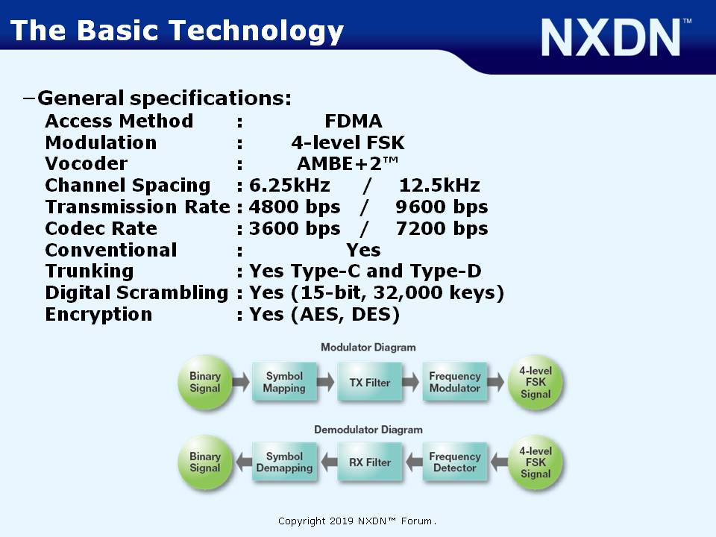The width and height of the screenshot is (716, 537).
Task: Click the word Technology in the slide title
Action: point(256,31)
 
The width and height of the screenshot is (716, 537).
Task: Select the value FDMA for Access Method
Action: point(353,121)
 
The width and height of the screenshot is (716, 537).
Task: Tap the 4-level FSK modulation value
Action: point(348,142)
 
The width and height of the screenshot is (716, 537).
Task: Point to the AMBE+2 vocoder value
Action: point(348,163)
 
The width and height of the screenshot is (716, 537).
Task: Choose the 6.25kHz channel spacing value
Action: point(289,185)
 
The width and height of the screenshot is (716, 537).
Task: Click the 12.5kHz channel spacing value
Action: point(439,185)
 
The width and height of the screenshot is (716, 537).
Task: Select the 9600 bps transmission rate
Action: point(442,207)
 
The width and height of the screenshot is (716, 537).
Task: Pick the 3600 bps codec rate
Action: point(295,228)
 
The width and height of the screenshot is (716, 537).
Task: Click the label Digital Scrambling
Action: point(136,293)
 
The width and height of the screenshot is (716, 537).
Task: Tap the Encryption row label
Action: point(98,315)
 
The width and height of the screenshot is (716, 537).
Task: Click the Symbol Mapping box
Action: point(284,382)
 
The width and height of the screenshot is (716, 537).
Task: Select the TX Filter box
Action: point(370,382)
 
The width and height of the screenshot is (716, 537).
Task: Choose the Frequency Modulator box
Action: point(455,382)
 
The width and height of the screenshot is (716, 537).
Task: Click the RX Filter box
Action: point(370,462)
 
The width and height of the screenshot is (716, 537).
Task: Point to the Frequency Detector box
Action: point(455,462)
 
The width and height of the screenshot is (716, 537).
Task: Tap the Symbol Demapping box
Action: point(284,462)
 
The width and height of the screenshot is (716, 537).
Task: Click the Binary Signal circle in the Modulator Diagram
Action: point(205,382)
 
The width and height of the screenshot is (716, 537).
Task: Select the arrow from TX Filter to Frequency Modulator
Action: point(411,382)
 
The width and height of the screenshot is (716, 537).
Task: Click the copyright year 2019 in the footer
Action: point(341,521)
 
